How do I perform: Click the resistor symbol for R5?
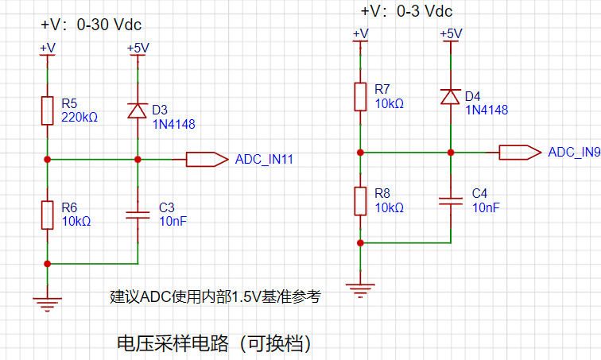click(x=47, y=110)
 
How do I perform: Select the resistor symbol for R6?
click(x=47, y=215)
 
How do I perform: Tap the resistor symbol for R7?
click(x=360, y=96)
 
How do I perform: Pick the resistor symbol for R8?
click(x=360, y=201)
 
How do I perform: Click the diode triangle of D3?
click(x=138, y=110)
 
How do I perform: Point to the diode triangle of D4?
click(x=451, y=96)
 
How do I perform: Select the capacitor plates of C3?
click(x=138, y=215)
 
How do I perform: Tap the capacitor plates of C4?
click(x=451, y=201)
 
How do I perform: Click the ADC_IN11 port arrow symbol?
click(x=207, y=159)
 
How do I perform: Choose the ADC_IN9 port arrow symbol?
click(x=520, y=153)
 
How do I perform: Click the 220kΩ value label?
click(x=79, y=117)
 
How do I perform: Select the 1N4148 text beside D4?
click(x=487, y=110)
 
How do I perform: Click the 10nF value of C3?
click(x=173, y=222)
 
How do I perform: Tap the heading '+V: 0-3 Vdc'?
click(x=407, y=11)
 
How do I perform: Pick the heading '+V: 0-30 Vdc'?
click(x=91, y=25)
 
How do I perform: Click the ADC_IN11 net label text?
click(x=264, y=159)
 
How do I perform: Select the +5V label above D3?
click(x=138, y=48)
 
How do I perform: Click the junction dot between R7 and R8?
click(x=360, y=153)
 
